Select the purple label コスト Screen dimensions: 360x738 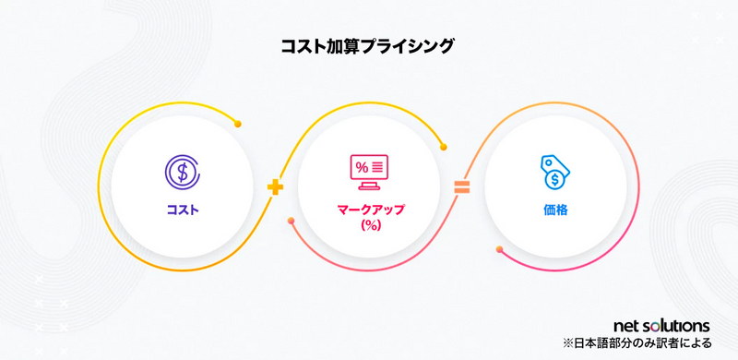(183, 210)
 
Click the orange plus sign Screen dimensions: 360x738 (274, 187)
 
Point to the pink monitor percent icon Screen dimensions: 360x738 (369, 168)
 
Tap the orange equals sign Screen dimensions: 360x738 (461, 187)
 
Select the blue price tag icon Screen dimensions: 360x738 (555, 171)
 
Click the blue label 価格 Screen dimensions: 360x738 (555, 210)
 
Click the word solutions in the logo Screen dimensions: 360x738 (678, 326)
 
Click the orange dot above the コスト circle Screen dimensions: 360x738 (238, 124)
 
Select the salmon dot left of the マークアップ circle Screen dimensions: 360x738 (292, 221)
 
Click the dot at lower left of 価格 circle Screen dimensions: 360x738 (499, 249)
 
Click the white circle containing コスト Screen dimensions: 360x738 (183, 187)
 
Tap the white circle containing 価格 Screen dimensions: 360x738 (555, 187)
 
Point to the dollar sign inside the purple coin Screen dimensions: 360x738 (183, 171)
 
